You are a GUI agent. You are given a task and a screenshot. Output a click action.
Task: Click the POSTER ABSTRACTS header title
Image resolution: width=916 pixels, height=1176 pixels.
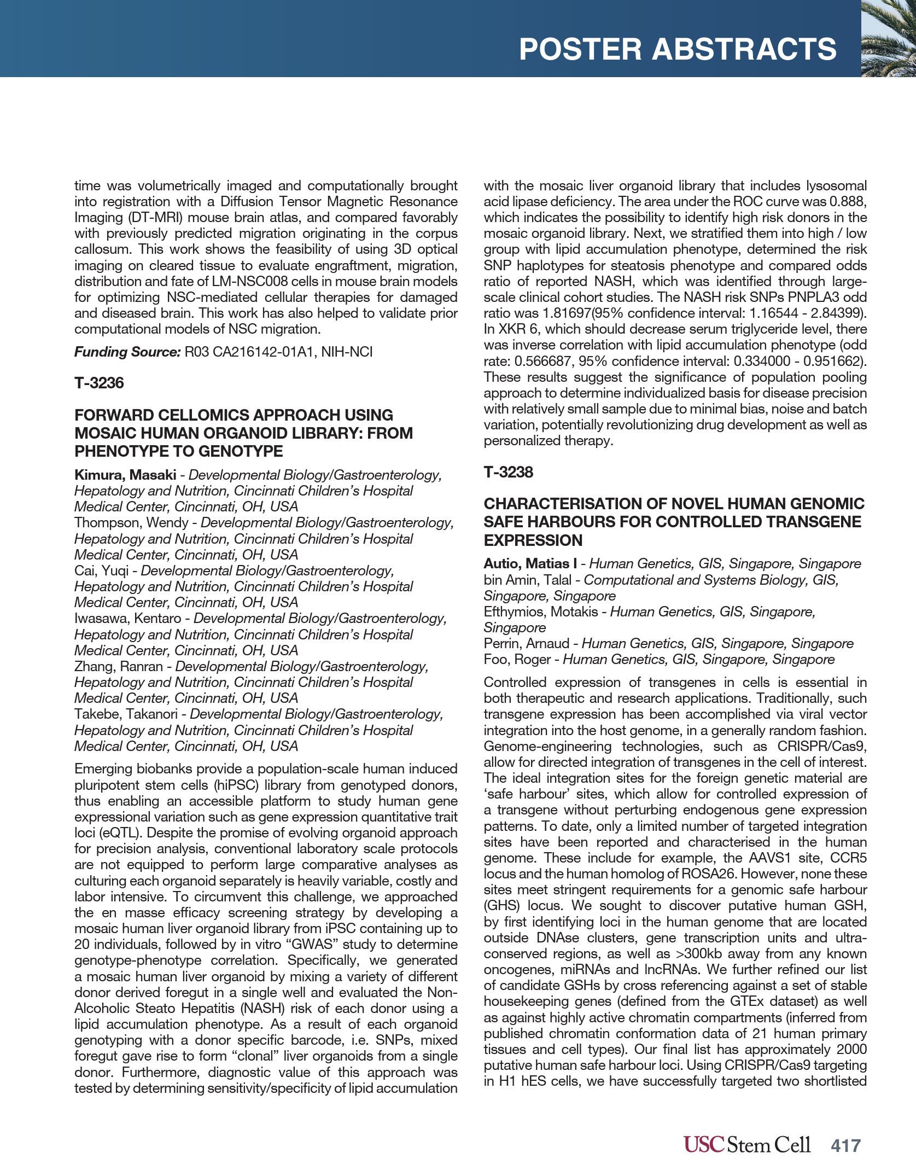point(678,49)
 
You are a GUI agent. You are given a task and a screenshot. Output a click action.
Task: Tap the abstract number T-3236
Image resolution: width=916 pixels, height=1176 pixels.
point(99,383)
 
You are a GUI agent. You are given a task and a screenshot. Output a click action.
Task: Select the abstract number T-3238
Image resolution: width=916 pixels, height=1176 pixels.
point(508,472)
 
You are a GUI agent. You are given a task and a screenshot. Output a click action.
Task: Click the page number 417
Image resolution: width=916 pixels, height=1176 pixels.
point(846,1145)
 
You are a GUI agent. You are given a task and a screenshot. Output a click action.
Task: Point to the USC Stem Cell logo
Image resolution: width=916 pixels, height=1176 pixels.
point(746,1144)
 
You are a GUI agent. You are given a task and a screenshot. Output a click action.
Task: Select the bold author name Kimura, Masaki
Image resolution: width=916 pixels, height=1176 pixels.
point(125,475)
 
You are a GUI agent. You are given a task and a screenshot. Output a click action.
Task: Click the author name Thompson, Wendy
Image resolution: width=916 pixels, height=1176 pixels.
point(131,523)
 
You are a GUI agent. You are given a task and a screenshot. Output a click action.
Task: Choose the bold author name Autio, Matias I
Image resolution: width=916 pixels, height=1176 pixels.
point(530,564)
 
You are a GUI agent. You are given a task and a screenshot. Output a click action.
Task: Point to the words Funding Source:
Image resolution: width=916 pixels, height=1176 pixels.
point(127,352)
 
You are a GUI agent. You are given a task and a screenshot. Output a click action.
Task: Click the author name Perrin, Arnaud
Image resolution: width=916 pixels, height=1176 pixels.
point(525,644)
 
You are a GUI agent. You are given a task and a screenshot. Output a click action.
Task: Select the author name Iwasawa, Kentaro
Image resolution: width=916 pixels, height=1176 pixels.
point(127,619)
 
